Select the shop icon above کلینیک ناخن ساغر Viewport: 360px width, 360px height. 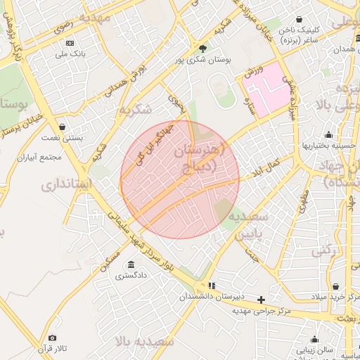click(300, 20)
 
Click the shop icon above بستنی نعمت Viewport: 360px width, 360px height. click(63, 127)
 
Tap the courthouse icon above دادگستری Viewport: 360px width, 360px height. click(131, 264)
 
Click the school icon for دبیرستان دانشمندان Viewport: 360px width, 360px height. click(212, 285)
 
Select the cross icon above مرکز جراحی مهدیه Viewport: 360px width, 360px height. click(262, 300)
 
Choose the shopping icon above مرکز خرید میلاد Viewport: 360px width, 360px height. click(337, 286)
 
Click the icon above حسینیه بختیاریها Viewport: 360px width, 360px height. click(328, 135)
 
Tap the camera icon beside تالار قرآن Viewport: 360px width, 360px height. click(52, 338)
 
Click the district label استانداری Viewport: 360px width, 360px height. click(67, 185)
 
